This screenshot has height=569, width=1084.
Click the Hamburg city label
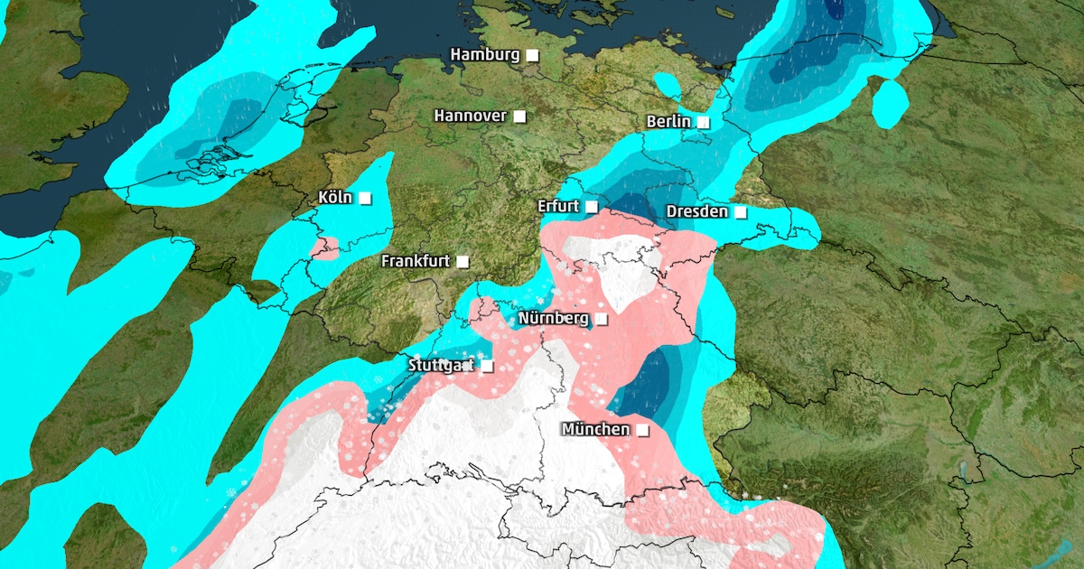[x=485, y=54]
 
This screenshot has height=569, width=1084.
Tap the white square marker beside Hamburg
[x=532, y=55]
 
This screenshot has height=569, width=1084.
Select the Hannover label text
[x=470, y=116]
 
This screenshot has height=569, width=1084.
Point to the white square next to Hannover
[x=519, y=116]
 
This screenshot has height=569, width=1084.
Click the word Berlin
[x=668, y=122]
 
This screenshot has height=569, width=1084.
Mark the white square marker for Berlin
[x=703, y=122]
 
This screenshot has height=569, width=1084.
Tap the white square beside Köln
[x=364, y=198]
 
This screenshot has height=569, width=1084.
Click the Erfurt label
[x=557, y=206]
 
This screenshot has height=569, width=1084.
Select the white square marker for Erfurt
[x=591, y=207]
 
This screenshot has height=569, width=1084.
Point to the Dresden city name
[x=696, y=211]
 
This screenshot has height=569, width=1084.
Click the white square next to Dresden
[x=740, y=212]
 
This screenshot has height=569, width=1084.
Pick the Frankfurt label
[x=416, y=261]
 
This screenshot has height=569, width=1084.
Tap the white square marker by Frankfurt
[x=463, y=261]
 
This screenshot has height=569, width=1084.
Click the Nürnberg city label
[x=553, y=318]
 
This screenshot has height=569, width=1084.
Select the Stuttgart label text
[x=440, y=366]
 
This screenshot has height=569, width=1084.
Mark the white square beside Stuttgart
[x=487, y=366]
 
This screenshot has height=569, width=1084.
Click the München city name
[x=595, y=429]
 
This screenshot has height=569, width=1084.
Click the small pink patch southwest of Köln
[x=325, y=247]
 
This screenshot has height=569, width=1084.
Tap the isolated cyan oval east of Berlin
[x=890, y=102]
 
